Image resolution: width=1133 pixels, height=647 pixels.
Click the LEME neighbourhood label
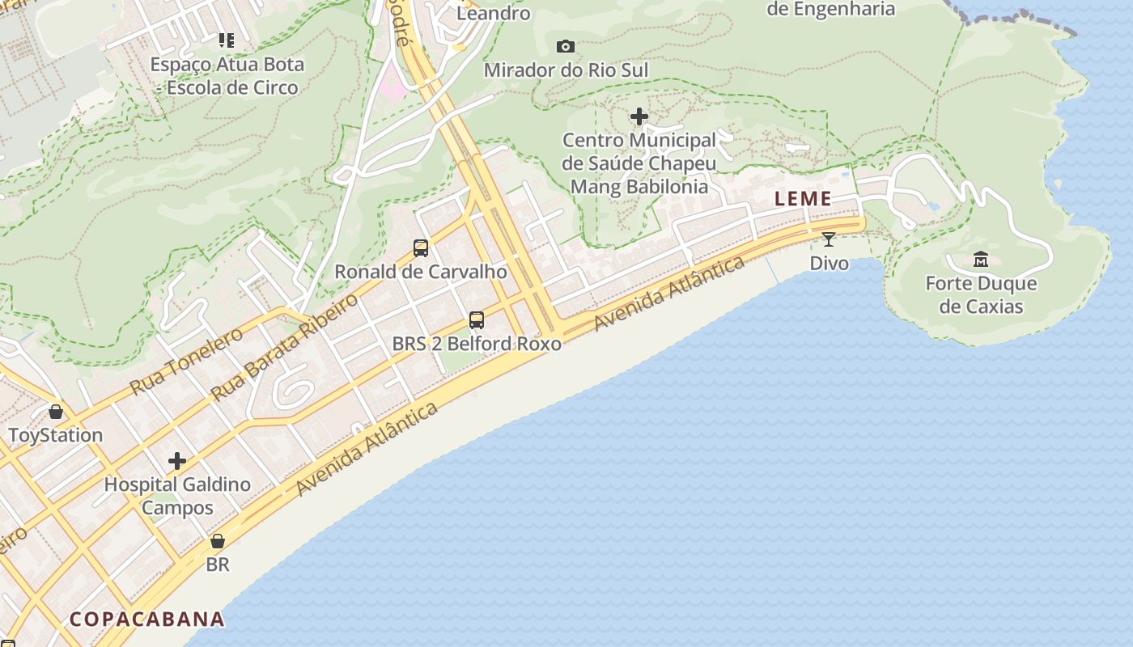[803, 199]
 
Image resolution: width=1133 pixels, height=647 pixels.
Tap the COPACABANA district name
[146, 620]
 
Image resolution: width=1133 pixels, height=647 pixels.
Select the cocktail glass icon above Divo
[828, 239]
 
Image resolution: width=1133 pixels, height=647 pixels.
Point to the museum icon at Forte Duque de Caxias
[981, 260]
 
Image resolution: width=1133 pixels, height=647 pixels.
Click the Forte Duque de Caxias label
[981, 295]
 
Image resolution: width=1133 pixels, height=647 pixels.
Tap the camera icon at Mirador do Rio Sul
[566, 46]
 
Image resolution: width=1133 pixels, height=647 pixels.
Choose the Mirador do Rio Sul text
[566, 70]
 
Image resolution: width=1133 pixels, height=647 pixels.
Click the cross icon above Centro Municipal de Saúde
[639, 116]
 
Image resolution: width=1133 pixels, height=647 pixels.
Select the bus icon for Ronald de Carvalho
[421, 248]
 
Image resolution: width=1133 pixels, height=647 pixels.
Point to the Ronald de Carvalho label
[421, 272]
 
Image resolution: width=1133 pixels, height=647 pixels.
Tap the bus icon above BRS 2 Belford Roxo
[477, 320]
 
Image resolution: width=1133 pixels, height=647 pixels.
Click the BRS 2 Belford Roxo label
[477, 344]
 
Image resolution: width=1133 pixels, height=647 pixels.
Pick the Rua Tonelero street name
[186, 361]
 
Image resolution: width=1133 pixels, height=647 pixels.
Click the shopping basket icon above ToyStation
[56, 412]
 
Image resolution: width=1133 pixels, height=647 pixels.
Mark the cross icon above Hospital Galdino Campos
[177, 462]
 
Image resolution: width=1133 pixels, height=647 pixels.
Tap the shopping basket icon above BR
[217, 541]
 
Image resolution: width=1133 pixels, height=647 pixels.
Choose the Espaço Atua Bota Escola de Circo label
[228, 76]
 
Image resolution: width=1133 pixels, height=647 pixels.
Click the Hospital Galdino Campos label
[177, 497]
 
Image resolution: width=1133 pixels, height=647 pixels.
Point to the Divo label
[830, 263]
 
